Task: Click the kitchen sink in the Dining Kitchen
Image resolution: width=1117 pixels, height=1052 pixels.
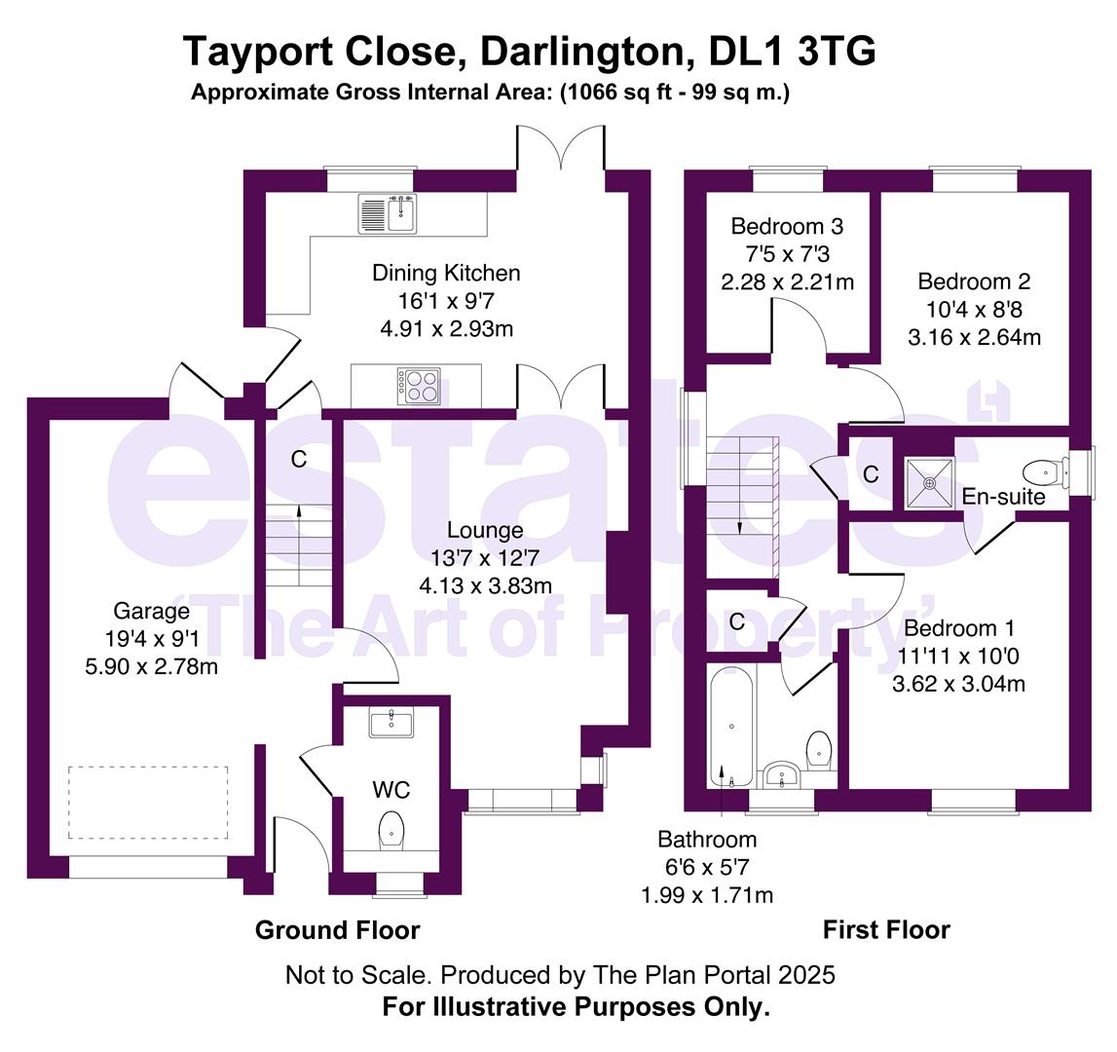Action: [388, 213]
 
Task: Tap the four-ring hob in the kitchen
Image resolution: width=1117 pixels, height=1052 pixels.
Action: [419, 385]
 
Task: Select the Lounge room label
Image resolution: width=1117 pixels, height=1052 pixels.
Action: [485, 531]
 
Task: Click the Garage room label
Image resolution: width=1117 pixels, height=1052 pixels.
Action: [151, 612]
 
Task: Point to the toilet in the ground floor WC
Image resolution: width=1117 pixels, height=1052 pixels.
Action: [391, 829]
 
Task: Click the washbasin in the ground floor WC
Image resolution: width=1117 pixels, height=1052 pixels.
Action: [391, 722]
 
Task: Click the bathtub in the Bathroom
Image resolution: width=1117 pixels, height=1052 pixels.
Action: [730, 726]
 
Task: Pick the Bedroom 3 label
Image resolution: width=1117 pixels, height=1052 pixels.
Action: [787, 227]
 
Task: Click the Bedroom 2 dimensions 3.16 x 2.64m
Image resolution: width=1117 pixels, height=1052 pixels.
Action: [974, 338]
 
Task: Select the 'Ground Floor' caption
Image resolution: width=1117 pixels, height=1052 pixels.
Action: [337, 930]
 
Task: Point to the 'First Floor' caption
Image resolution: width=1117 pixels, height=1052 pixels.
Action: [886, 930]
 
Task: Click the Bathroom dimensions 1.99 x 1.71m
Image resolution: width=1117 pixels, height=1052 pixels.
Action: [706, 894]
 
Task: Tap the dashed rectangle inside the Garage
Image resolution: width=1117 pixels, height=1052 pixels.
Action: [148, 803]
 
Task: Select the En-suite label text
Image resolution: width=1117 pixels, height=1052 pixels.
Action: [1003, 497]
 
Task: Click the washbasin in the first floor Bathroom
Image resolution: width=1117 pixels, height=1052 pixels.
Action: [783, 775]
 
